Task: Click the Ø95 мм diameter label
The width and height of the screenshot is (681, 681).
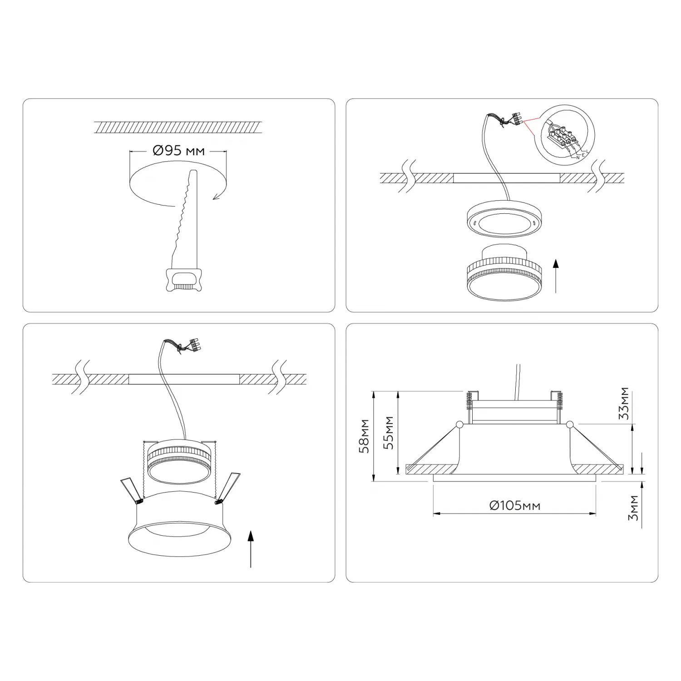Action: [179, 151]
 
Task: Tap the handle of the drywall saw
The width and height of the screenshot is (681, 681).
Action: [183, 279]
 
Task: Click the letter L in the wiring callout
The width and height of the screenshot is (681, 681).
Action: [587, 151]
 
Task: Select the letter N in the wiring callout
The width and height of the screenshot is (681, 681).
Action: [578, 158]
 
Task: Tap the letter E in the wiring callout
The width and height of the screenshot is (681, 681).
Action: [583, 155]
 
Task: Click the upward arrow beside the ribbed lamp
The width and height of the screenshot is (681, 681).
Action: [555, 276]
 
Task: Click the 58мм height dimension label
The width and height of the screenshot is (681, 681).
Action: [364, 436]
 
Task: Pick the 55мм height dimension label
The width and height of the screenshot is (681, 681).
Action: [389, 433]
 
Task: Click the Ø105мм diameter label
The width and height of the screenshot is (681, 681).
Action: [515, 505]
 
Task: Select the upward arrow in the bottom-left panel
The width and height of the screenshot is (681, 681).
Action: [250, 549]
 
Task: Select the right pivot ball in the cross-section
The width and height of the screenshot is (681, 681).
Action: [570, 424]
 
